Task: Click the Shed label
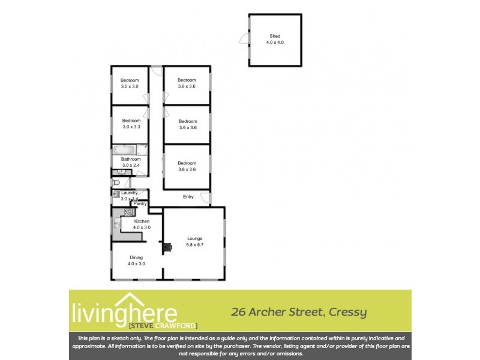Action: pos(275,36)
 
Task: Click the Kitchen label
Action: pos(142,221)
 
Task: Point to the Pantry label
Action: pos(140,204)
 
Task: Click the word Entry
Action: pos(188,197)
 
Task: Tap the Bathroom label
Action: pos(130,160)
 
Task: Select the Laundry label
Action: pos(130,193)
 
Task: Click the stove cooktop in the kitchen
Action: pos(128,212)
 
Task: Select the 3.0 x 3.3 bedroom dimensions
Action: pos(130,127)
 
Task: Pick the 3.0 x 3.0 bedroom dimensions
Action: pos(130,87)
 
